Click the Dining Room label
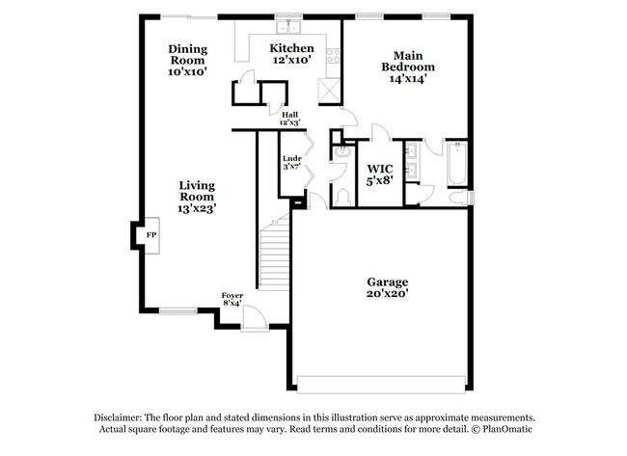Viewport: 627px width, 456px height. click(187, 61)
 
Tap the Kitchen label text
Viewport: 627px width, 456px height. click(290, 54)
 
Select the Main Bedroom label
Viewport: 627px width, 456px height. click(407, 67)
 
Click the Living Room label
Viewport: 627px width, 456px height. click(196, 196)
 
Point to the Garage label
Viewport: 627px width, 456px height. click(387, 287)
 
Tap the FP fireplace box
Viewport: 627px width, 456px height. click(150, 234)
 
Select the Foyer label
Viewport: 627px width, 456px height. click(232, 300)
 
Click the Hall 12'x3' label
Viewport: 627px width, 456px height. click(288, 119)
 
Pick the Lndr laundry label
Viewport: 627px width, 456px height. click(291, 163)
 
